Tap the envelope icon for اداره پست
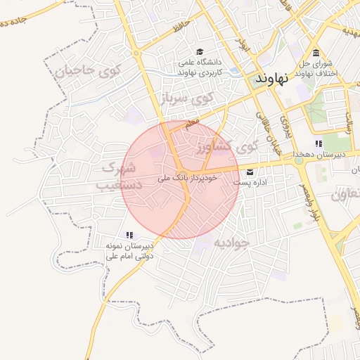[250, 172]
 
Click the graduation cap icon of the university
[200, 52]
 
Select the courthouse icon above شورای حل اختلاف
[316, 54]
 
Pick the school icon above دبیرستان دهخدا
[319, 143]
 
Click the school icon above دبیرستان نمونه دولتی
[129, 235]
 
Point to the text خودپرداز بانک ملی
[188, 178]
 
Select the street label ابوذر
[244, 46]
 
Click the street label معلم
[192, 122]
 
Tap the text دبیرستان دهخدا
[319, 154]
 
